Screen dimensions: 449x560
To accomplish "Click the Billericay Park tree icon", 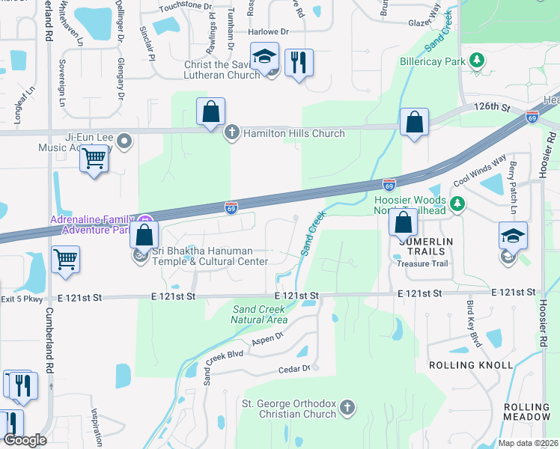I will [x=475, y=60].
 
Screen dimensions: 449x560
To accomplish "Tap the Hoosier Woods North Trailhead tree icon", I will [x=458, y=201].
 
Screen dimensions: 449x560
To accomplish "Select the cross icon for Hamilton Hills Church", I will [x=232, y=132].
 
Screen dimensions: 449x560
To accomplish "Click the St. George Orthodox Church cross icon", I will [x=346, y=407].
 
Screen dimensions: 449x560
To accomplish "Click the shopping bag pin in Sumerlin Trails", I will [x=404, y=222].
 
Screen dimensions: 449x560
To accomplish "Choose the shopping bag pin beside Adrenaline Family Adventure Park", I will [x=143, y=235].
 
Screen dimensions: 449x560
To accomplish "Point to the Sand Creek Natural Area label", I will [x=260, y=314].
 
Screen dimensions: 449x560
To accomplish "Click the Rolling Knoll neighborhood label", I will [x=471, y=365].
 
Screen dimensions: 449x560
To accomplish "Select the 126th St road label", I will [x=491, y=108].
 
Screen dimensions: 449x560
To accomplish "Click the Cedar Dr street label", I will [x=293, y=368].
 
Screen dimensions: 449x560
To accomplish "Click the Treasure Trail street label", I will [x=422, y=263].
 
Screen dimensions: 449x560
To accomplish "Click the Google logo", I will [x=25, y=440].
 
